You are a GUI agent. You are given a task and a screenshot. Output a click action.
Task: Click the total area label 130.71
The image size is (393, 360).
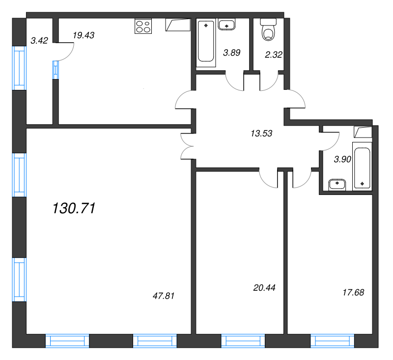74,208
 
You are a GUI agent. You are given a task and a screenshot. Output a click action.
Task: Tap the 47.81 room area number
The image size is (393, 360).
164,296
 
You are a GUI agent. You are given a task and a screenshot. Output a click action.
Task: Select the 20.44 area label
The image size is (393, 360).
264,288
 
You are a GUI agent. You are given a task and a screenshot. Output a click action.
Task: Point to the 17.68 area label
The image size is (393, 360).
353,292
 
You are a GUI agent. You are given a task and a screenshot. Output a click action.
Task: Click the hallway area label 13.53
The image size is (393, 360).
261,133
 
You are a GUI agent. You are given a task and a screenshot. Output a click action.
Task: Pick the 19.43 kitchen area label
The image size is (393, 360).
84,35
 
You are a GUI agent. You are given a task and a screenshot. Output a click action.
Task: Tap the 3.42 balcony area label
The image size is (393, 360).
39,40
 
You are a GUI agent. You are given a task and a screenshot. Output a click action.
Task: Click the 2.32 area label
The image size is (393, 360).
274,55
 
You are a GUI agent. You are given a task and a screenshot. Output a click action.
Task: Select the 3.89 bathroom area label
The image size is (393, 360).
232,53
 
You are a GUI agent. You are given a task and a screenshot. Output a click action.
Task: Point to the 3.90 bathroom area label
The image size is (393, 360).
342,159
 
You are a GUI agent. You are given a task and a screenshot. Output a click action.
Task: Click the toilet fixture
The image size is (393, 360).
268,29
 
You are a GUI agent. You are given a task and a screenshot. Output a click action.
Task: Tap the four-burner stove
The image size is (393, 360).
143,26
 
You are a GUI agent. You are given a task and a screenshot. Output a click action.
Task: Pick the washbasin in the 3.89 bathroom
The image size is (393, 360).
226,25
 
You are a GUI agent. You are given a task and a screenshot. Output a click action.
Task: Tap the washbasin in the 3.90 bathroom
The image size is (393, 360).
337,185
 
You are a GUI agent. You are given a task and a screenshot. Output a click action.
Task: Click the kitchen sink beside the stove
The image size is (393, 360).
178,25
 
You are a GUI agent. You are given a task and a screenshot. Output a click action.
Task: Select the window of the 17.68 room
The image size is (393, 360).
333,341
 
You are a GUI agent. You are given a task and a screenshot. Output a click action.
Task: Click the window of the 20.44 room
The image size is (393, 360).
243,341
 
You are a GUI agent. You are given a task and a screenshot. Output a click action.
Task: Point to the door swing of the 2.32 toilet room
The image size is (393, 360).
269,81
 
